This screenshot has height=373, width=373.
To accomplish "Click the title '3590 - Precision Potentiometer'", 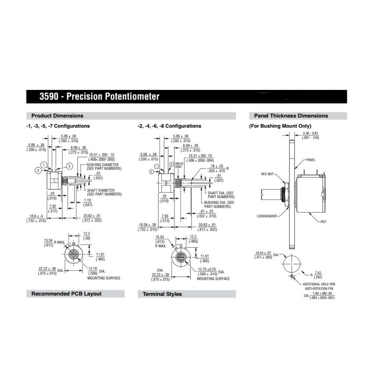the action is tap(99, 97).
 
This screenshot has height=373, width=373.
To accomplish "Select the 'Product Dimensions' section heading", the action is tap(57, 116).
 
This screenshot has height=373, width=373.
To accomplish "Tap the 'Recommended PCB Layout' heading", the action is tap(66, 294).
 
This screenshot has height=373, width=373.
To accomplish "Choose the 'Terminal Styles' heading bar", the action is tap(162, 294).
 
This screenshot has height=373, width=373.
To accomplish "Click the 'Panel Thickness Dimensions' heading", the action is tap(291, 116).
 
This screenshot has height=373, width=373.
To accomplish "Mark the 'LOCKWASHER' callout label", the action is tap(267, 216).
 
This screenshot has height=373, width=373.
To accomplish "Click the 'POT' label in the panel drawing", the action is tap(323, 222).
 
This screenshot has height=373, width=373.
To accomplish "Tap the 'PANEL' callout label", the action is tap(311, 160).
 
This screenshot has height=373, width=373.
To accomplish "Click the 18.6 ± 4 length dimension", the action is tap(36, 218).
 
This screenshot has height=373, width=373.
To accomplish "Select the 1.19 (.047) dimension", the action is tap(88, 203).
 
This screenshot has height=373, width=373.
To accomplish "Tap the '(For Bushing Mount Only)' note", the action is tap(280, 126).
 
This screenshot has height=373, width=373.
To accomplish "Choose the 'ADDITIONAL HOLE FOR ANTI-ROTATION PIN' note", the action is tap(319, 286).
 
